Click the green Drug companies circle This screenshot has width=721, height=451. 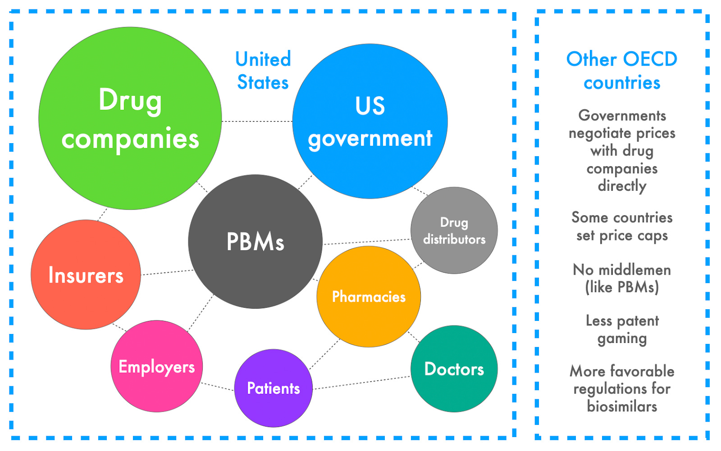(x=130, y=118)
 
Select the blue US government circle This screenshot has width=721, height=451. (x=370, y=121)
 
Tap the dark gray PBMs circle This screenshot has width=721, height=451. (x=255, y=241)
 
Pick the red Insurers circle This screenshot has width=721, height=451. (x=86, y=275)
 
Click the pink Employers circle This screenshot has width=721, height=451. (x=156, y=366)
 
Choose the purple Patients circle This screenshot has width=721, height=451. (x=273, y=388)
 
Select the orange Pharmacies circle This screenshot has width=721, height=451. (x=369, y=297)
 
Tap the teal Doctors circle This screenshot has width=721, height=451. (x=454, y=369)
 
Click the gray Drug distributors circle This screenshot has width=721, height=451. (x=454, y=230)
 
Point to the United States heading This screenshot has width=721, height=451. (x=263, y=71)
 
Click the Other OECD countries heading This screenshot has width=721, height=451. (x=622, y=71)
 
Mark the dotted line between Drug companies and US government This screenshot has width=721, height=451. (x=257, y=121)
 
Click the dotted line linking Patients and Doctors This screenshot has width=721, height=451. (x=362, y=383)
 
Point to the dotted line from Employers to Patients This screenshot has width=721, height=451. (x=218, y=386)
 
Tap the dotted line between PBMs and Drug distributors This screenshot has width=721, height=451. (x=367, y=242)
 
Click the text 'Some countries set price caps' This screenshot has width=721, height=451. (x=622, y=226)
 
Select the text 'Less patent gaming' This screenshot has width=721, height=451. (x=622, y=329)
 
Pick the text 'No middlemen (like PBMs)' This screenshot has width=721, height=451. (x=622, y=278)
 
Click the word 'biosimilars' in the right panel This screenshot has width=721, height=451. (x=622, y=406)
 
